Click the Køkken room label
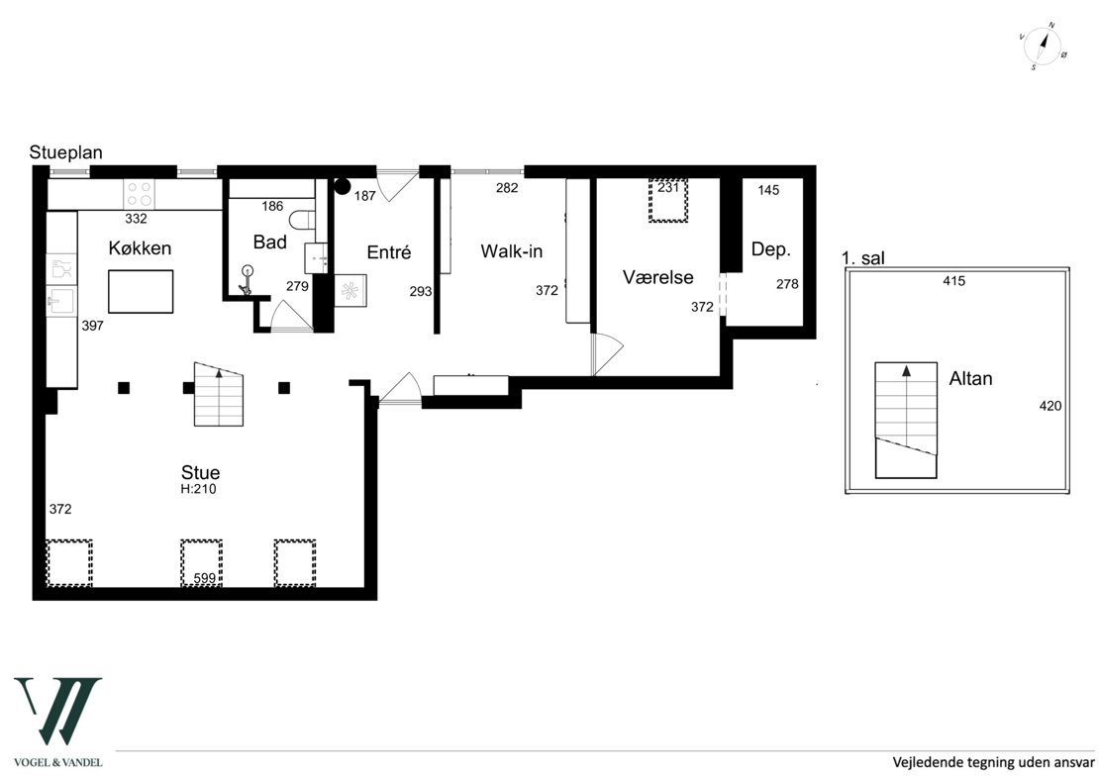(x=140, y=248)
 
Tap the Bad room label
(x=270, y=243)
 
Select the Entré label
(x=389, y=252)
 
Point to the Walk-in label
(x=512, y=250)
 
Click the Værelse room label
(x=658, y=277)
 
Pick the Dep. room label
(x=771, y=249)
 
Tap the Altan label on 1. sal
(x=970, y=378)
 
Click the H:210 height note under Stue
(x=198, y=490)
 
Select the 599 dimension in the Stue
(x=205, y=578)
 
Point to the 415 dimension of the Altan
(x=953, y=281)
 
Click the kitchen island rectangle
(x=141, y=291)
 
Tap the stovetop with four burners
(x=139, y=194)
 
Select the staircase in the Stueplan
(x=219, y=394)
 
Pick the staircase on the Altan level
(x=906, y=421)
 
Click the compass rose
(x=1043, y=47)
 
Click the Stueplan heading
(x=66, y=152)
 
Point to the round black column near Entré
(x=342, y=186)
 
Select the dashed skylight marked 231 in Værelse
(x=668, y=200)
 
